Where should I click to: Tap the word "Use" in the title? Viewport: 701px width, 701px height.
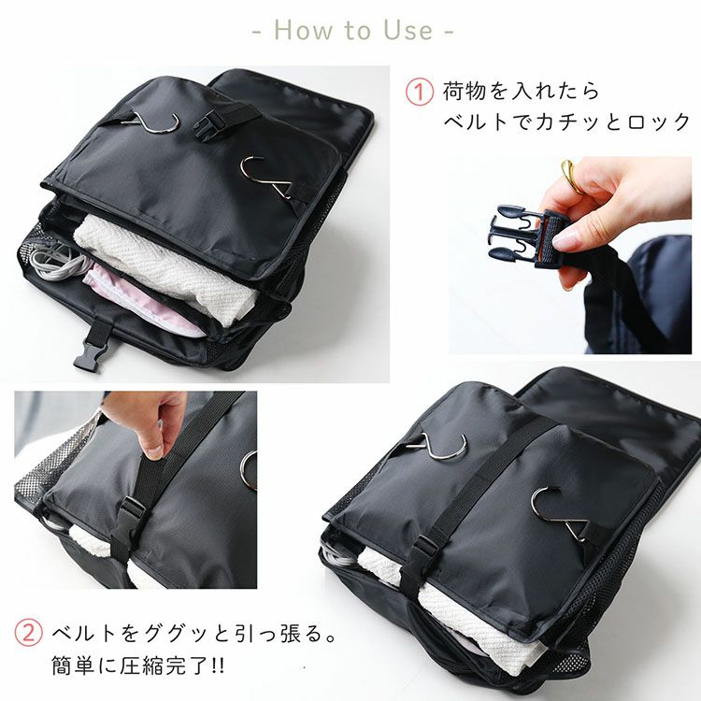408,30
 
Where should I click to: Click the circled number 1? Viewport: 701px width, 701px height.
419,93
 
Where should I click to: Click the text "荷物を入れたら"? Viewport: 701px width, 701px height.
521,93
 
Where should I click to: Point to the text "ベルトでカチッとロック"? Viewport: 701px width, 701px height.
566,122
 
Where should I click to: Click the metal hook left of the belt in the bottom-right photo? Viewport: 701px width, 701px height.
437,447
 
